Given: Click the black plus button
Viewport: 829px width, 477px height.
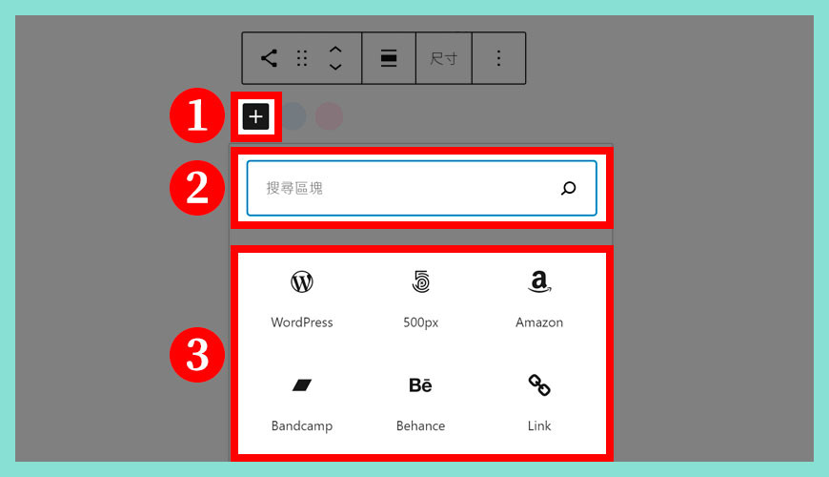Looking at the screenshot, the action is pos(256,116).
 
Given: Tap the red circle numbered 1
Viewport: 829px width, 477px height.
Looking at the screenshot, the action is pos(197,115).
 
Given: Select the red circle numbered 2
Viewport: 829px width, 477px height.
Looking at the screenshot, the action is pos(197,188).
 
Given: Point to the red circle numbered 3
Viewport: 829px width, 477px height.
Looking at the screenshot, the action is pos(197,355).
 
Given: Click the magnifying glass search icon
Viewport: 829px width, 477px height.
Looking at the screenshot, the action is pos(568,188).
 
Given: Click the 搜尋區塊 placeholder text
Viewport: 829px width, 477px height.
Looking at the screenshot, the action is pos(294,188).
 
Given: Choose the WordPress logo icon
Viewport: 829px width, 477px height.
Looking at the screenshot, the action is pos(302,281).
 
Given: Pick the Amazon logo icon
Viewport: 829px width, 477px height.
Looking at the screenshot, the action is pos(539,281).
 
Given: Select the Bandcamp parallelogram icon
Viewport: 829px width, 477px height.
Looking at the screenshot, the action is pos(302,384).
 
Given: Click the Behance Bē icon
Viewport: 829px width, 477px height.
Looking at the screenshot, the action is pos(420,384).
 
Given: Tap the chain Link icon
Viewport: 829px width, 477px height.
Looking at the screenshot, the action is pos(539,384).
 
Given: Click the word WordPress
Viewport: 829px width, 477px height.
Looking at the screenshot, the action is pos(302,322).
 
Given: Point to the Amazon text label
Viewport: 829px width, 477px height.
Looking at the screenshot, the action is pos(539,322).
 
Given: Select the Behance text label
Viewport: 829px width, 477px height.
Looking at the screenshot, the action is pos(420,425).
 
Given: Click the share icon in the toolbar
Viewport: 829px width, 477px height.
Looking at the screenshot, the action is pos(269,58).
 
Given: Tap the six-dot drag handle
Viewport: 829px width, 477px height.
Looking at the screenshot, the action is pos(302,58).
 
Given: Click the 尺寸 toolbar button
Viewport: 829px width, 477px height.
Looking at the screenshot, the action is pos(444,58).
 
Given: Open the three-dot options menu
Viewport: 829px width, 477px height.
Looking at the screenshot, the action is pos(498,58).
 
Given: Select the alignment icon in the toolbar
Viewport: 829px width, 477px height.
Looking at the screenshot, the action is pos(389,58).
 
